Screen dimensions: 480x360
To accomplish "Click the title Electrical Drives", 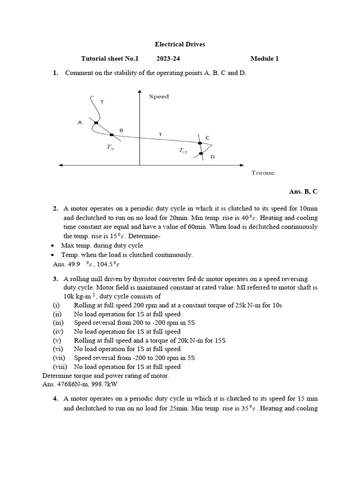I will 180,45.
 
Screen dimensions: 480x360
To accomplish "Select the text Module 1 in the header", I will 264,59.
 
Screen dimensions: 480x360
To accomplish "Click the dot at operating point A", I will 95,123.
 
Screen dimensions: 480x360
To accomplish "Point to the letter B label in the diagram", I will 121,130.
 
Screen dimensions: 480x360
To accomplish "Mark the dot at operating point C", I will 200,143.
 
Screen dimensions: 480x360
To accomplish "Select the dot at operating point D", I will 201,153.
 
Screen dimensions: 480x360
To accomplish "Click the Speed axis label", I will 159,97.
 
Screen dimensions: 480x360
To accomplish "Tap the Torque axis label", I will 262,173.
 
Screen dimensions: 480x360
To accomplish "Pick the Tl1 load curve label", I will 110,147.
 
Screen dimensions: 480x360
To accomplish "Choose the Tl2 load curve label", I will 182,150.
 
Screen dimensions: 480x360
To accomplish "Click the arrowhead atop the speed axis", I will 140,92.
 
